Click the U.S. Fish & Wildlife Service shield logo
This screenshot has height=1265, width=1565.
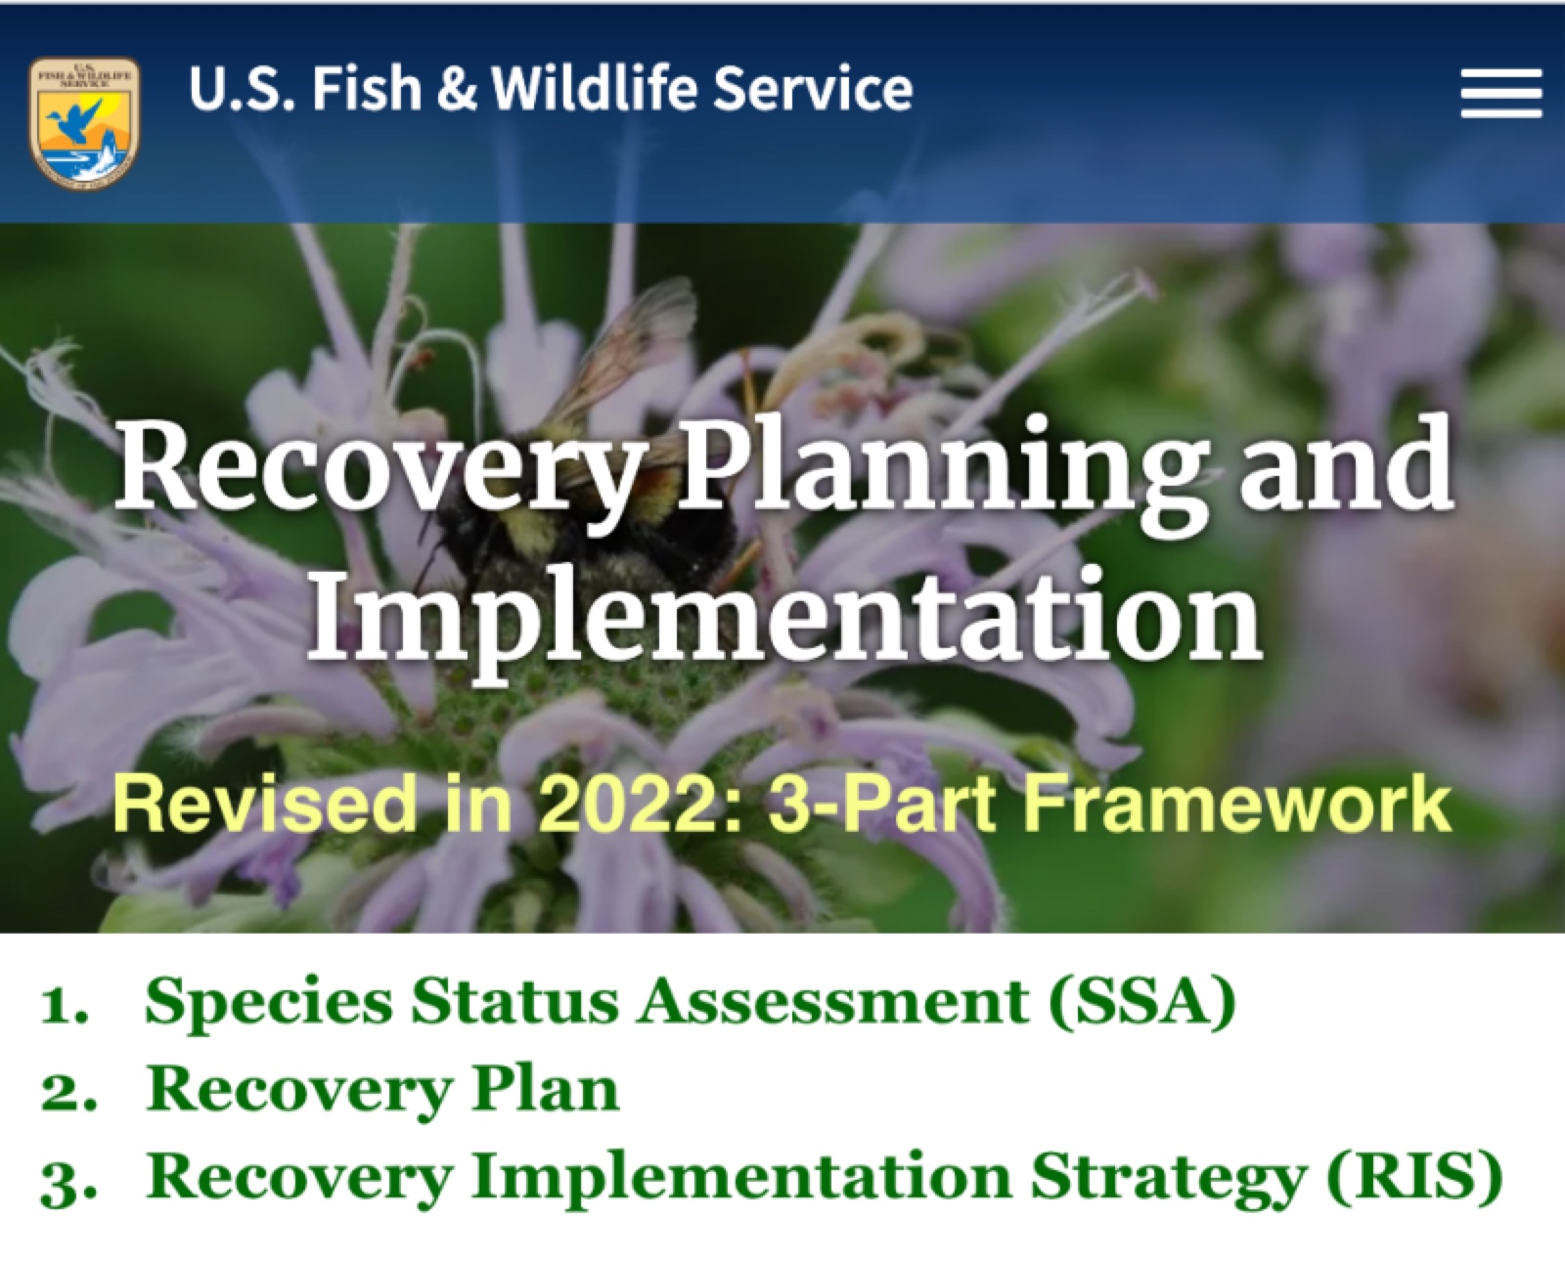click(84, 122)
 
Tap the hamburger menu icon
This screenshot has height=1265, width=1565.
click(1500, 93)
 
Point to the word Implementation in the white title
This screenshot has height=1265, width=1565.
click(784, 615)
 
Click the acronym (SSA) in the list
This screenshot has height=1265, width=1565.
click(1141, 1003)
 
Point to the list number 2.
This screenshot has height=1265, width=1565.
click(68, 1093)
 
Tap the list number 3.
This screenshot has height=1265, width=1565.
click(68, 1182)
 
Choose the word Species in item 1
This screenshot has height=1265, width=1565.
click(269, 1004)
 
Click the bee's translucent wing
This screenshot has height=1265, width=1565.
click(624, 345)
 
